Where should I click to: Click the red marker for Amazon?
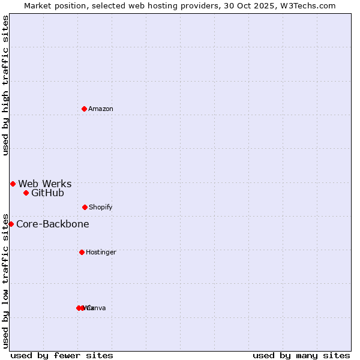click(84, 109)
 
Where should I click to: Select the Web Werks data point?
click(13, 184)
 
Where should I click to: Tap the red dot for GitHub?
click(26, 193)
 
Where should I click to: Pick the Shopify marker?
click(85, 207)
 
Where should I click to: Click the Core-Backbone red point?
click(11, 224)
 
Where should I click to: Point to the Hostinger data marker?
click(82, 252)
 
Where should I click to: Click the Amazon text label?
click(101, 109)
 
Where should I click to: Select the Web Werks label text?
click(45, 184)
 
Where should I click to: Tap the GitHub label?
click(47, 193)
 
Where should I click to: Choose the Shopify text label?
click(101, 207)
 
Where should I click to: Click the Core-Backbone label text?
click(53, 224)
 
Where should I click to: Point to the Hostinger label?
click(101, 252)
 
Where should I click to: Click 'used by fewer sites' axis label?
click(62, 355)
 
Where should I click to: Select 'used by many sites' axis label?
click(301, 355)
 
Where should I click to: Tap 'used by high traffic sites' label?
click(5, 85)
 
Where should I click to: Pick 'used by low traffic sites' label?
click(5, 281)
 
